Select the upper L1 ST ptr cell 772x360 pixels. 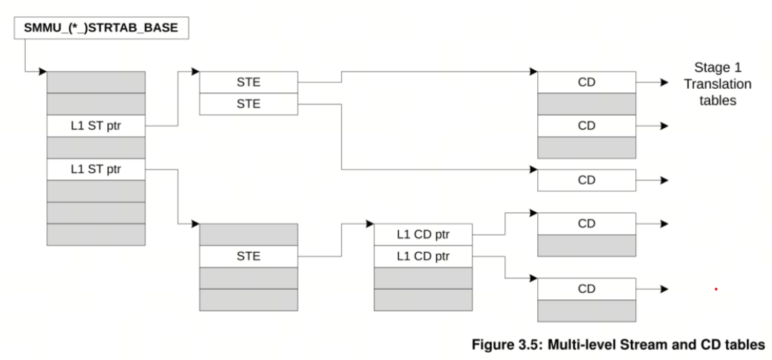(x=95, y=126)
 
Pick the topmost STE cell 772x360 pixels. (x=248, y=82)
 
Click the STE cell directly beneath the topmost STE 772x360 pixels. (x=248, y=104)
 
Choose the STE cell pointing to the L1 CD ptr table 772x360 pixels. (x=248, y=256)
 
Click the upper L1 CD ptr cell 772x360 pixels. (x=423, y=235)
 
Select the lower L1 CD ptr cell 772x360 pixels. (x=423, y=256)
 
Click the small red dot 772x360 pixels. (x=715, y=290)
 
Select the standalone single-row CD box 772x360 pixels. (x=587, y=180)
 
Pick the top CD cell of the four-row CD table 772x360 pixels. (x=587, y=82)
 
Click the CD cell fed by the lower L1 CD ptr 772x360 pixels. (x=587, y=289)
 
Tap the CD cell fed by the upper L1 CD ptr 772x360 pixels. (x=587, y=223)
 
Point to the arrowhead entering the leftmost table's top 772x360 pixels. (x=44, y=72)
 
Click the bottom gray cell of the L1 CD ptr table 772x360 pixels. (x=423, y=299)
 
